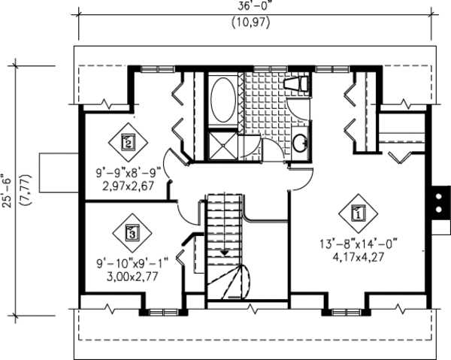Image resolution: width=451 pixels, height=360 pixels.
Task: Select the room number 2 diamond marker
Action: (x=129, y=141)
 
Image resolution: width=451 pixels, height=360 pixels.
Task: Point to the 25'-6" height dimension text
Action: (x=8, y=191)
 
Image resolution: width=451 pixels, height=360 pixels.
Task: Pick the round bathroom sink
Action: (x=299, y=142)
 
